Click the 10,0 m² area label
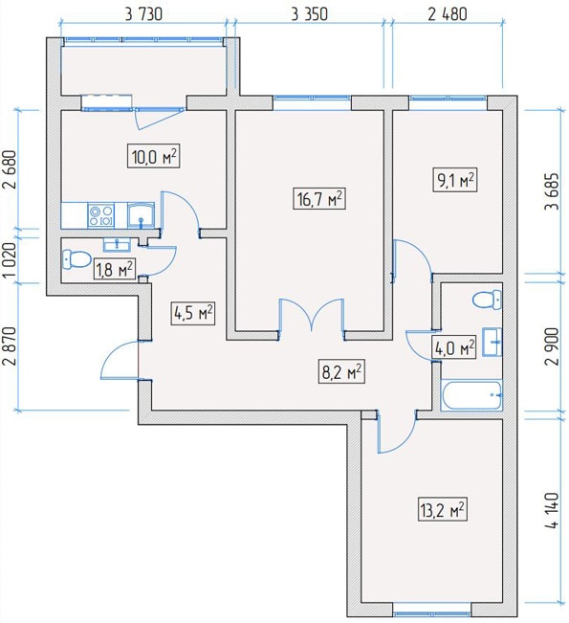(x=153, y=156)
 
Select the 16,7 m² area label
(x=319, y=198)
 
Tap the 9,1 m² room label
(x=455, y=180)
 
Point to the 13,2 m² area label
(x=443, y=509)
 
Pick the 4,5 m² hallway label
(x=193, y=313)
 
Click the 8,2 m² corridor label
(x=341, y=371)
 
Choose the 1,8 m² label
(x=114, y=269)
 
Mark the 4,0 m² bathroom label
(x=454, y=348)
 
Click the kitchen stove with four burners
(x=100, y=215)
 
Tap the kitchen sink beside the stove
(x=141, y=215)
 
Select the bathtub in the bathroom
(x=471, y=395)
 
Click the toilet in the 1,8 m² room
(x=76, y=259)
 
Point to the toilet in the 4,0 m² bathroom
(x=487, y=300)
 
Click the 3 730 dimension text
(x=143, y=14)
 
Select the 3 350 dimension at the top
(x=309, y=14)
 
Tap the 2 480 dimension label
(x=448, y=14)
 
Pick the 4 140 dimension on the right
(x=552, y=511)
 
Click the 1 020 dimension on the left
(x=11, y=260)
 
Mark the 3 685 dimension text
(x=552, y=191)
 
